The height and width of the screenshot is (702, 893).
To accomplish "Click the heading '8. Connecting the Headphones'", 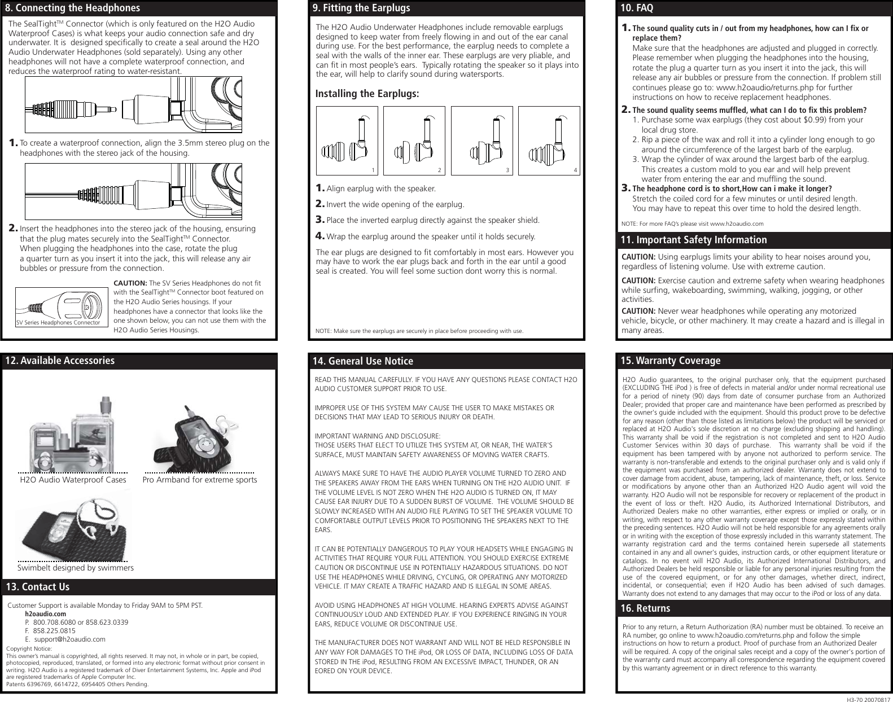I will (73, 8).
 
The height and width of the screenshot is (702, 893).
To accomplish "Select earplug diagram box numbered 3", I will (482, 141).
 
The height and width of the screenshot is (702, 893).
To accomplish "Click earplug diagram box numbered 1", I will (347, 141).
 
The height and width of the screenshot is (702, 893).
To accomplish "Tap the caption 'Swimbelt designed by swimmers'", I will (76, 568).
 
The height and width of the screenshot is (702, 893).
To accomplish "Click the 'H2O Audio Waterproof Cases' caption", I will (73, 480).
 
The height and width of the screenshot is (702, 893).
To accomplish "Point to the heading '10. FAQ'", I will (637, 8).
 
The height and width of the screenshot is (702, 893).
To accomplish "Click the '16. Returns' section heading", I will (646, 608).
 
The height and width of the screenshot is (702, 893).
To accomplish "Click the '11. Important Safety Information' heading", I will (694, 240).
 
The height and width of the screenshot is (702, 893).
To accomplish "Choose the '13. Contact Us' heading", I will (38, 587).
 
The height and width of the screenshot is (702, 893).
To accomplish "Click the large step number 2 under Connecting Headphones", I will (12, 229).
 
